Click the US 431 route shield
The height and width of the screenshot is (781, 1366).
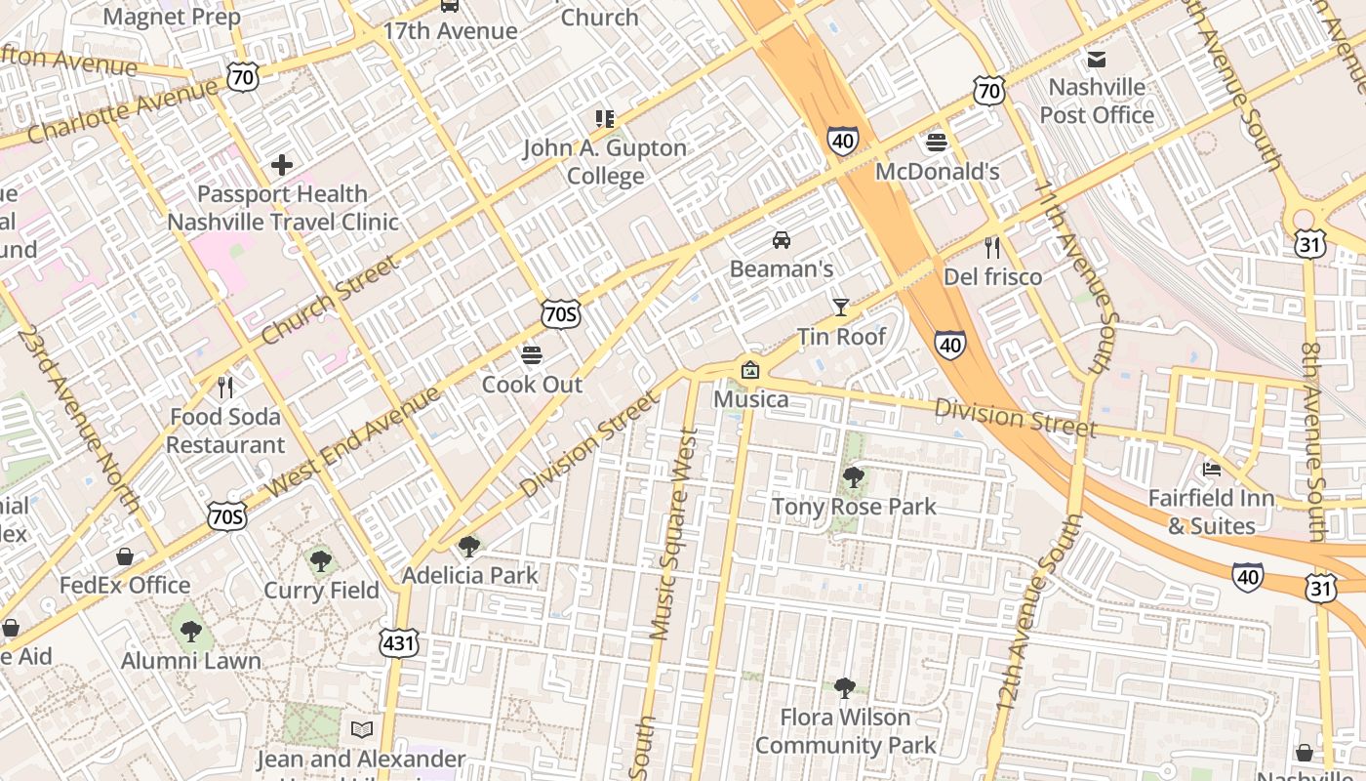point(399,642)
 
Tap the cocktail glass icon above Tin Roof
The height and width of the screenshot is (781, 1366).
point(840,308)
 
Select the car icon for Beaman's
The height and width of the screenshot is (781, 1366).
point(781,239)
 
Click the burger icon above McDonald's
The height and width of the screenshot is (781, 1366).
point(937,143)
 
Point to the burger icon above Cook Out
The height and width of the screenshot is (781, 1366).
point(532,354)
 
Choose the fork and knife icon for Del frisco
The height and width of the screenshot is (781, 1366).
point(992,248)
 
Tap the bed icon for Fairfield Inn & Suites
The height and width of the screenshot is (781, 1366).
point(1211,469)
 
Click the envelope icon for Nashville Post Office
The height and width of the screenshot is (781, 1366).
point(1097,59)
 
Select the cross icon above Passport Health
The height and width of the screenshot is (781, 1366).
point(282,164)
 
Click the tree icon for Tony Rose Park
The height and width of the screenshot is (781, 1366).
point(853,477)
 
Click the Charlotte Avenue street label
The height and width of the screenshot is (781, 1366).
point(122,110)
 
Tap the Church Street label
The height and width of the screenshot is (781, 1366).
point(331,300)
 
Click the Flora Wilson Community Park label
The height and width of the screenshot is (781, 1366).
point(845,731)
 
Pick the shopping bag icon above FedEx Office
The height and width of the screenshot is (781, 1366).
point(125,556)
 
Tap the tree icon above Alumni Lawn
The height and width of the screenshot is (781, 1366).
point(191,632)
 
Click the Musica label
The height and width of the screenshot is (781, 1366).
point(750,399)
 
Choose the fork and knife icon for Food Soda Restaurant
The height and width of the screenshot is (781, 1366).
point(225,388)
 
